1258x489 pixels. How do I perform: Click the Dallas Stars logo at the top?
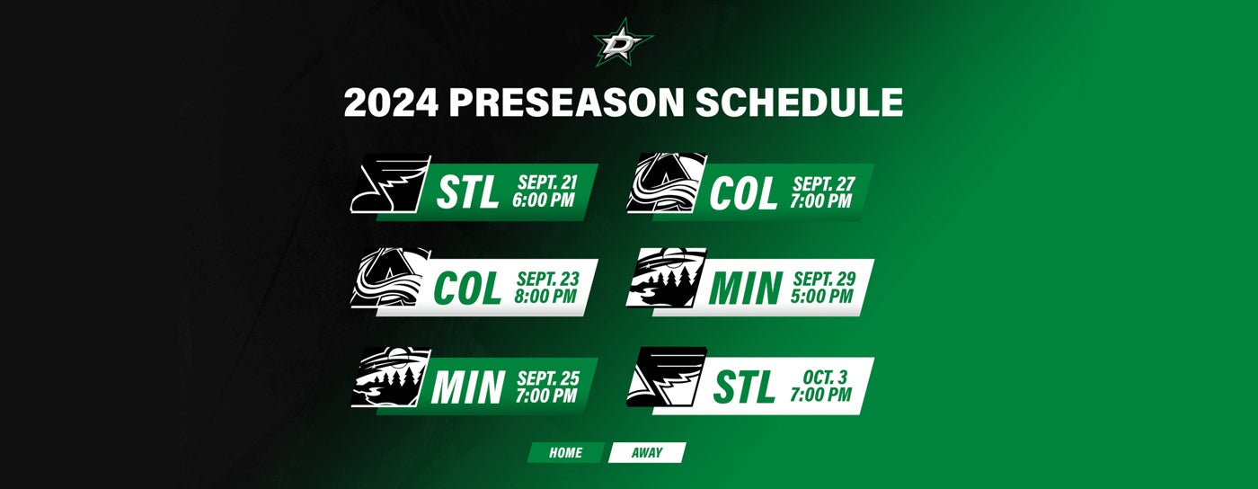coord(623,40)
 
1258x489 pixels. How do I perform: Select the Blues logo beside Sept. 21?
coord(387,184)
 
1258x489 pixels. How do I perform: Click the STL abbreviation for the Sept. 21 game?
coord(467,193)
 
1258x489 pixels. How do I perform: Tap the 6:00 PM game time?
coord(543,200)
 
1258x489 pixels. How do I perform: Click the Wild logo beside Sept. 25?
coord(391,378)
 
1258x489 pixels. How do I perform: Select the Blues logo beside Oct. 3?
coord(666,378)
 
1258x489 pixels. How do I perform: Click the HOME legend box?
coord(565,453)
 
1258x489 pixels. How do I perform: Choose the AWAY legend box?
coord(646,453)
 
